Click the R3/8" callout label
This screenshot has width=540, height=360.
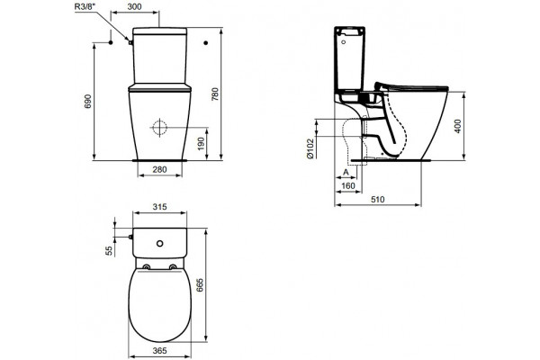[85, 7]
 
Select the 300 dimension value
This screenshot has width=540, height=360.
[134, 6]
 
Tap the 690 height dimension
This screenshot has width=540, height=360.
[88, 102]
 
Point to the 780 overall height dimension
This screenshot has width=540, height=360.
[214, 94]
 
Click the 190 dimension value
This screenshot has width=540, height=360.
[201, 144]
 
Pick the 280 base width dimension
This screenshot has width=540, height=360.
[159, 169]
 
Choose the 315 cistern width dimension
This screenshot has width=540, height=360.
[160, 207]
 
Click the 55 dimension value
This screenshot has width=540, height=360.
[109, 250]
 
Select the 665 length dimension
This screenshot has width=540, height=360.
[200, 285]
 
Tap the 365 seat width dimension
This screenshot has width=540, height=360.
[160, 351]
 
